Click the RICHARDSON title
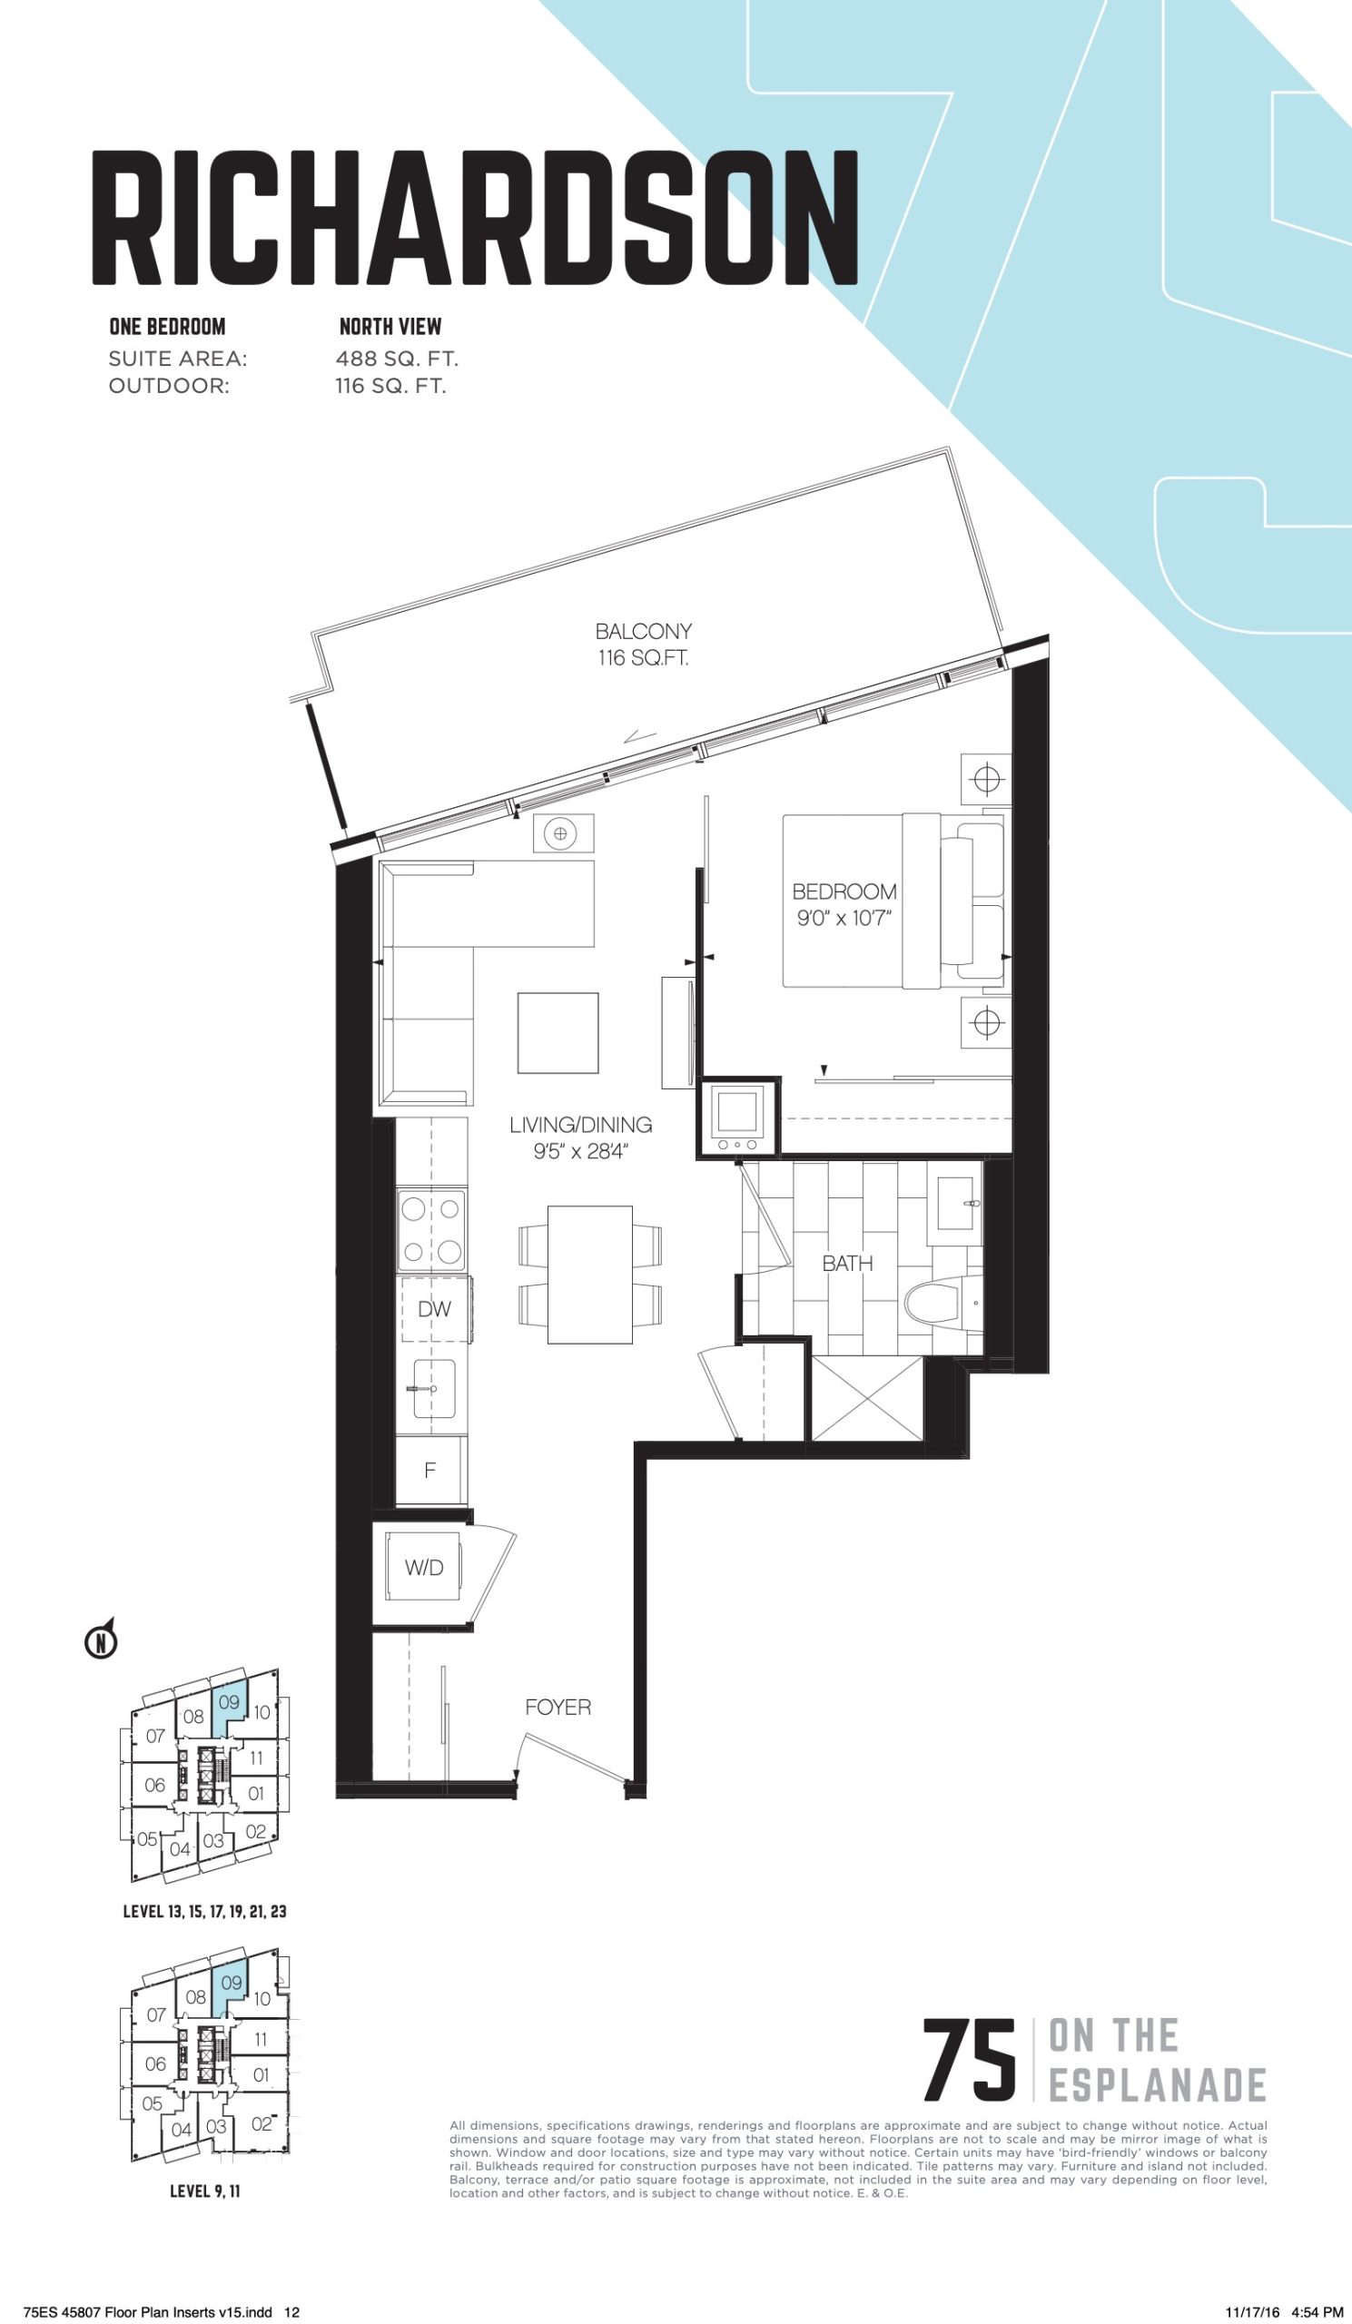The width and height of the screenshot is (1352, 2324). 475,218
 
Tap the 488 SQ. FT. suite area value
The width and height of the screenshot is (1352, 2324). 397,359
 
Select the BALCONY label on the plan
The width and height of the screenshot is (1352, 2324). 643,632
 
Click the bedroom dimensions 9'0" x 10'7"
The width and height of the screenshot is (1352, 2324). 844,919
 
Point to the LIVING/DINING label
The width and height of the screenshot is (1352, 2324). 580,1124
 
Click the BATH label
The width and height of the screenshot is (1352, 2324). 846,1264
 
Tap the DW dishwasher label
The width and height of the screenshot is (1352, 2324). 433,1310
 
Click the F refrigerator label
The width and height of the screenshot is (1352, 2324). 429,1471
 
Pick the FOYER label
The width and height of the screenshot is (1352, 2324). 558,1707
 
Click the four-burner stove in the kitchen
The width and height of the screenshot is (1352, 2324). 431,1230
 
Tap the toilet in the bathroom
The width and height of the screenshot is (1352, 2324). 942,1304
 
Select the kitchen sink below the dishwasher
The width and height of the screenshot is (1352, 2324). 433,1388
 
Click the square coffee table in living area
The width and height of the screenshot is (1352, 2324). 558,1033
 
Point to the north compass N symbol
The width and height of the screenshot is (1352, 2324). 102,1641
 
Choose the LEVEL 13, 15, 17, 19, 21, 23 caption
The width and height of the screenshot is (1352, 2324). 204,1911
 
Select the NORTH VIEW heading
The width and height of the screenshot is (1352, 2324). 390,327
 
